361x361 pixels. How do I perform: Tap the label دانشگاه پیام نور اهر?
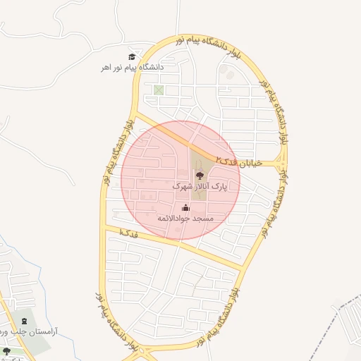(x=131, y=67)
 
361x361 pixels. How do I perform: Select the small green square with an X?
(x=159, y=90)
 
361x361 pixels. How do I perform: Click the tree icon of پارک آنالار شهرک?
(x=199, y=176)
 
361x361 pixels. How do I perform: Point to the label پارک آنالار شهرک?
(x=201, y=187)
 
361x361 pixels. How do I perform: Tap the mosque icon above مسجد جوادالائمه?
(x=185, y=207)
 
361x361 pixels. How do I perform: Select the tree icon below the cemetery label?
(x=6, y=350)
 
